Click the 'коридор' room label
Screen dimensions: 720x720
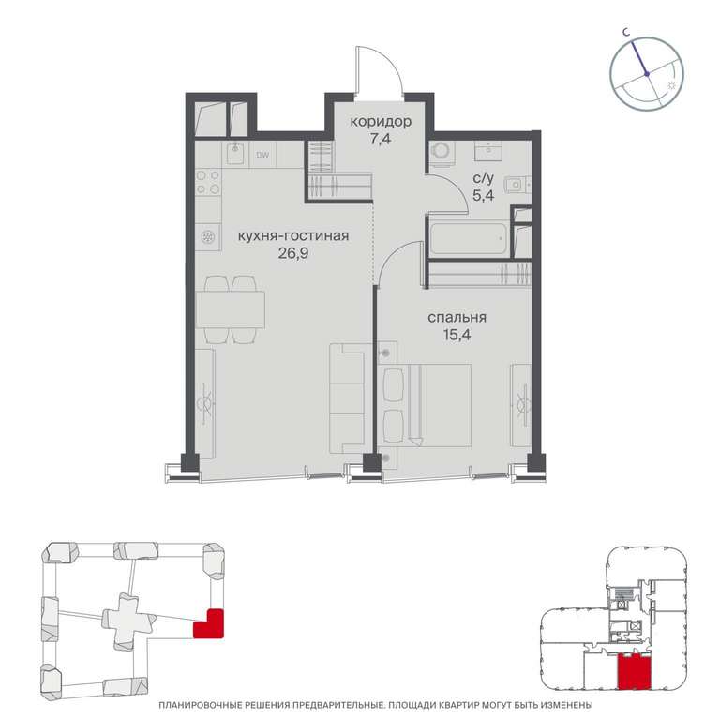pos(381,122)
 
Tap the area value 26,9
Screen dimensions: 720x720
pos(292,253)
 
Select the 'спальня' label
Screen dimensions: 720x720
pos(457,318)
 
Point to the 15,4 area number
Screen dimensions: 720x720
pos(457,335)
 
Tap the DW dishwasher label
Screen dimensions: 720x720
pos(262,156)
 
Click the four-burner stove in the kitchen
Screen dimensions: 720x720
pos(208,182)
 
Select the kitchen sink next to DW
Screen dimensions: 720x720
pos(236,153)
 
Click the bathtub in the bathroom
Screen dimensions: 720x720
pos(470,237)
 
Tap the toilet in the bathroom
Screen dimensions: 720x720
pos(517,185)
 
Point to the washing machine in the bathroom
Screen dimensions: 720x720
pos(442,152)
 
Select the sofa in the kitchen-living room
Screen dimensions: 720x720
pos(348,398)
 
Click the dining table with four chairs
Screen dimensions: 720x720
pos(230,309)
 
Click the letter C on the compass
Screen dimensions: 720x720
pos(625,32)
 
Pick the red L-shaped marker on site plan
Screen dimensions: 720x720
pos(208,623)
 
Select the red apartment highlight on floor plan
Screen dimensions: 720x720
pos(634,672)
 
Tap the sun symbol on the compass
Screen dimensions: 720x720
pos(671,85)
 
